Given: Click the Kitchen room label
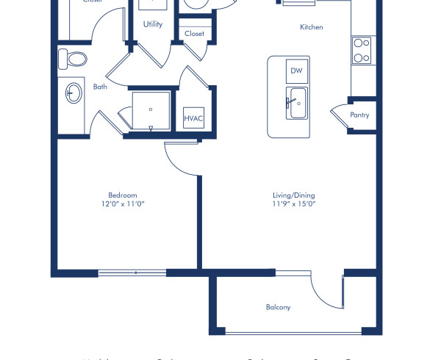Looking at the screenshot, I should pyautogui.click(x=312, y=27).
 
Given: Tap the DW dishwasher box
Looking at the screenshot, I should pyautogui.click(x=296, y=71).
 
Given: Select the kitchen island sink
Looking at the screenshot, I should pyautogui.click(x=297, y=103).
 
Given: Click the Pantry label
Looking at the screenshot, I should pyautogui.click(x=359, y=115).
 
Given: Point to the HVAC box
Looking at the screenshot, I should pyautogui.click(x=193, y=118).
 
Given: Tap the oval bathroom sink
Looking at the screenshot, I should pyautogui.click(x=74, y=93).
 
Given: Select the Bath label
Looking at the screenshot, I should pyautogui.click(x=100, y=87).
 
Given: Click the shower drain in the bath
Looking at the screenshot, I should pyautogui.click(x=151, y=109).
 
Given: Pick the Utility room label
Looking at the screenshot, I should pyautogui.click(x=153, y=24).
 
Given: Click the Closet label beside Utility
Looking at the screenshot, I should pyautogui.click(x=195, y=34).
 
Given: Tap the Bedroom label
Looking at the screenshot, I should pyautogui.click(x=123, y=195).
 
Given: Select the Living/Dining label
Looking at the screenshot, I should pyautogui.click(x=293, y=195).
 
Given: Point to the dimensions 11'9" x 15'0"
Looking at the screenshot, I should pyautogui.click(x=293, y=204).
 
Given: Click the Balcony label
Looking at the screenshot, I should pyautogui.click(x=279, y=307).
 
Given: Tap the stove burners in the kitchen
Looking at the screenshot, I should pyautogui.click(x=361, y=49).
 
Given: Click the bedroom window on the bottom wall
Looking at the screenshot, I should pyautogui.click(x=132, y=273).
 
